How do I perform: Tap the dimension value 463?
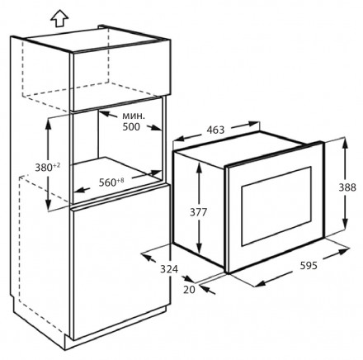pos(215,130)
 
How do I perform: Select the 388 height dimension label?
pos(347,187)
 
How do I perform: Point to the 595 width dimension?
pos(309,266)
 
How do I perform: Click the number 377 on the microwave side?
pos(198,212)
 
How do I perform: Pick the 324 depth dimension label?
pos(169,269)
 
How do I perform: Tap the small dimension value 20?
pos(189,289)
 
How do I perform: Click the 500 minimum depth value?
pos(131,127)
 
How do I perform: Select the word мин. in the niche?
pos(133,116)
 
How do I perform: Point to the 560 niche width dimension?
pos(108,182)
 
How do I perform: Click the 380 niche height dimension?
pos(44,168)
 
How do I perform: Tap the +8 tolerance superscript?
pos(120,180)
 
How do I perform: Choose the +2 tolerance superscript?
pos(57,165)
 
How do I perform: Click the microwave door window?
pos(276,206)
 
